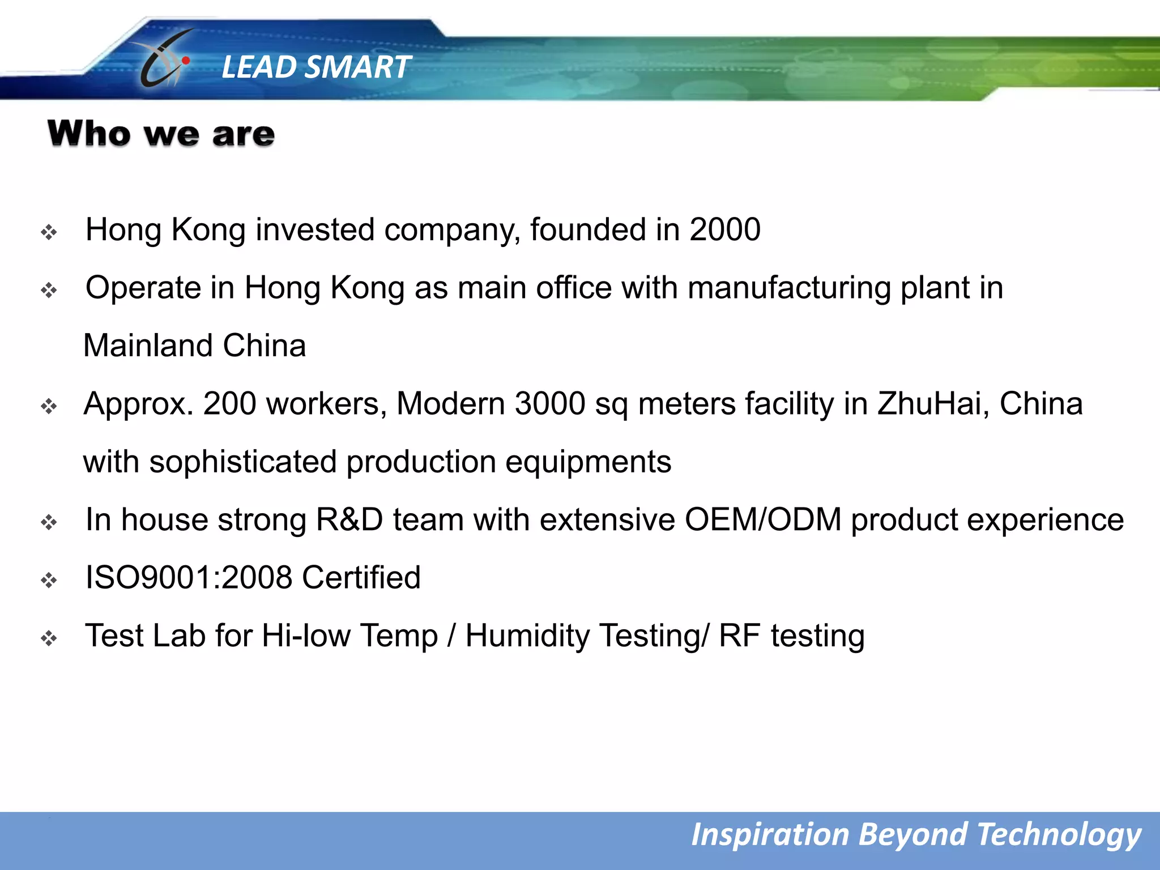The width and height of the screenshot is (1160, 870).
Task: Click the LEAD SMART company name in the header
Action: point(315,67)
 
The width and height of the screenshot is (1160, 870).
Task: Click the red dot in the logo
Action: point(186,60)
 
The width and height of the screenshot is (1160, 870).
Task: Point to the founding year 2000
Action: point(724,229)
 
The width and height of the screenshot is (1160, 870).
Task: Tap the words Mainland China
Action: point(194,346)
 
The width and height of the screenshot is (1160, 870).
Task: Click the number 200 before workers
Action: point(229,403)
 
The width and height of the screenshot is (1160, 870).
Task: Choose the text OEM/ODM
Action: point(763,519)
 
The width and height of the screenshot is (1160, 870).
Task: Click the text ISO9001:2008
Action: point(189,578)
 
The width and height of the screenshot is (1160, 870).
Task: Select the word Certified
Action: point(361,578)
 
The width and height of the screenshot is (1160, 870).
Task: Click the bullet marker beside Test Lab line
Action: point(49,638)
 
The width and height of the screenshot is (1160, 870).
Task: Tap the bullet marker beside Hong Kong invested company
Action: point(49,232)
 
